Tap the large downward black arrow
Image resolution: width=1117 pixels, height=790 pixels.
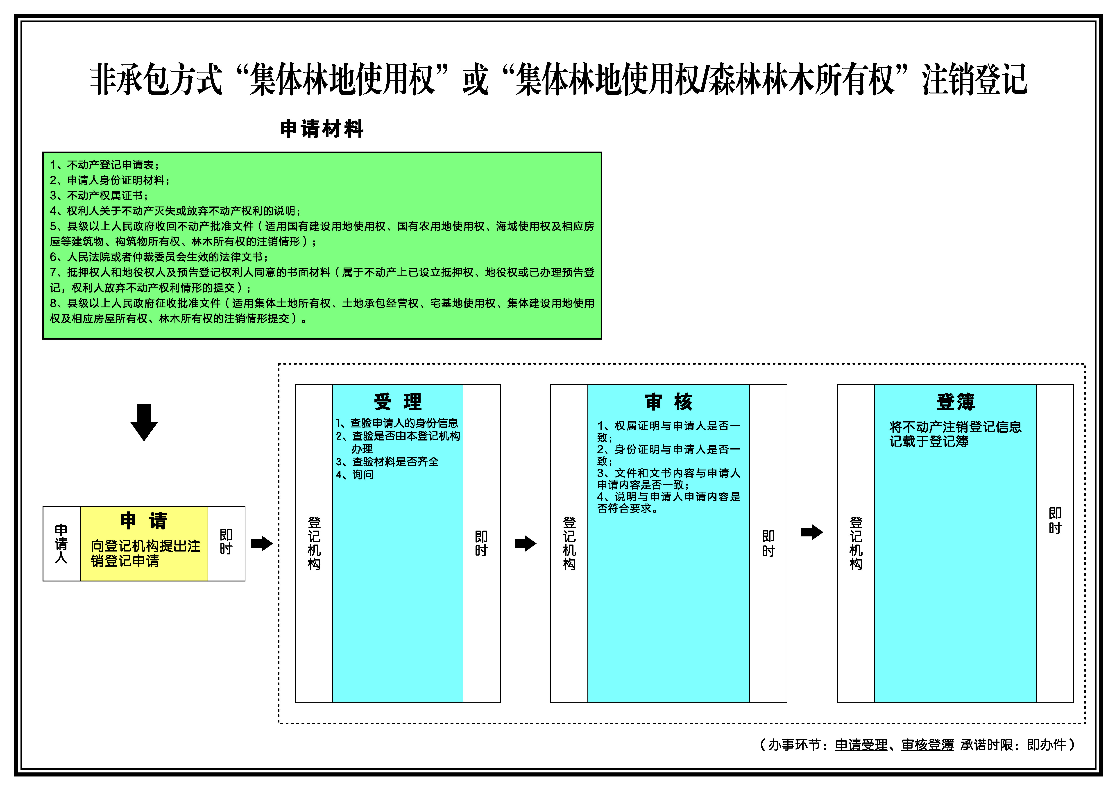pyautogui.click(x=144, y=422)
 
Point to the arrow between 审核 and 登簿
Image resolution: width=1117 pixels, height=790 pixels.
pyautogui.click(x=812, y=532)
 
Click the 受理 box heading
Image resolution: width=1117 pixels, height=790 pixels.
pyautogui.click(x=397, y=402)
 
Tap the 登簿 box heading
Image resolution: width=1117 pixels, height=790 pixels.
pyautogui.click(x=956, y=402)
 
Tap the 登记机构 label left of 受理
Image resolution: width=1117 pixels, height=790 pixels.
pyautogui.click(x=314, y=543)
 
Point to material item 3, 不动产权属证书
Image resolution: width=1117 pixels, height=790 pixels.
pyautogui.click(x=99, y=195)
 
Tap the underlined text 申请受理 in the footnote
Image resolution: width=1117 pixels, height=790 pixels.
pyautogui.click(x=861, y=745)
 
